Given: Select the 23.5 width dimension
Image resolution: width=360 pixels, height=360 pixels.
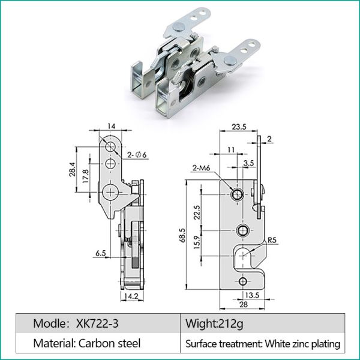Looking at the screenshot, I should click(x=239, y=127).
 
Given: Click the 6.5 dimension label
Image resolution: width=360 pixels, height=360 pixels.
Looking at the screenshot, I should click(x=100, y=254).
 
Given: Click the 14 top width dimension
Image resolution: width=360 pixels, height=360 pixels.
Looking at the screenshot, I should click(x=110, y=126).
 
